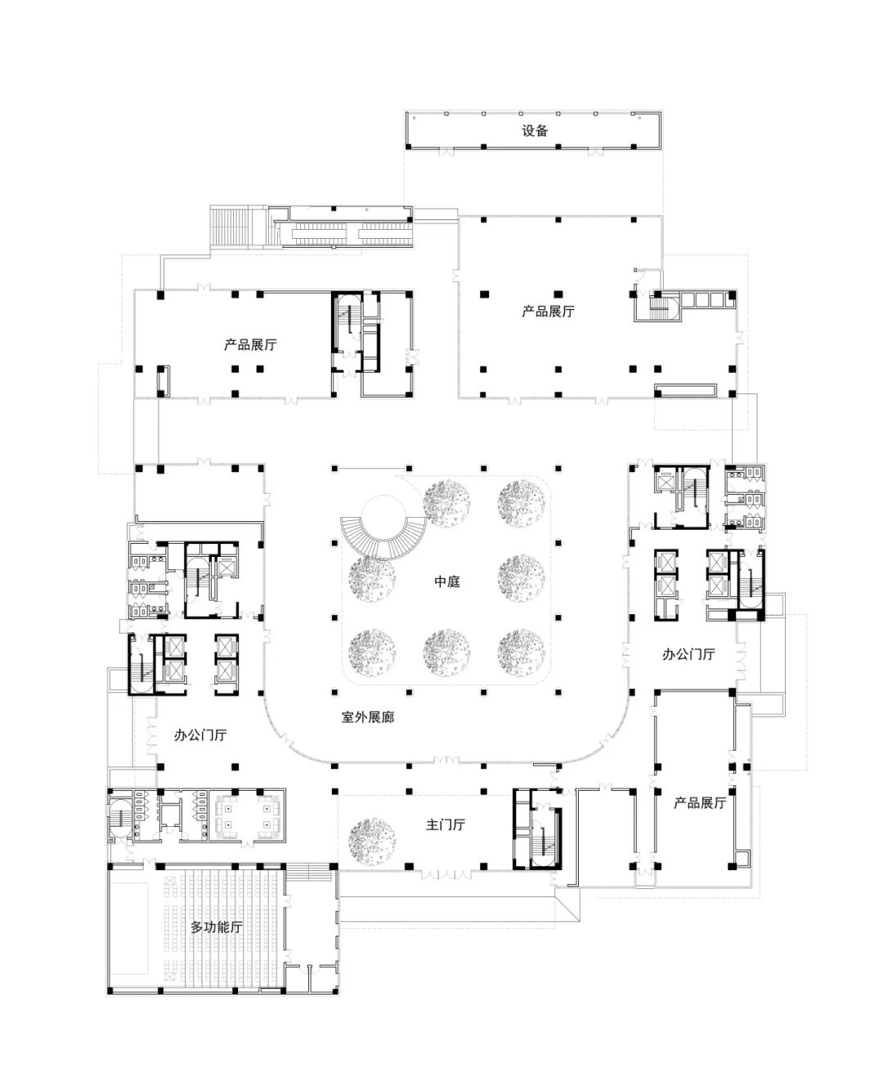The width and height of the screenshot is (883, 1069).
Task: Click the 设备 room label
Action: pos(535,131)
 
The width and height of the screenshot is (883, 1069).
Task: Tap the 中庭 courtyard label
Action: pos(447,582)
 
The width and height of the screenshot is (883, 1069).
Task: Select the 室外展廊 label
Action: pos(368,717)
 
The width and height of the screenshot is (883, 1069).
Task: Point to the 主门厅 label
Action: pos(446,824)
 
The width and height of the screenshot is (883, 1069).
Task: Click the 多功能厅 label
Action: pos(216,928)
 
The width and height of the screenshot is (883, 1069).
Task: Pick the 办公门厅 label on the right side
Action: pos(688,654)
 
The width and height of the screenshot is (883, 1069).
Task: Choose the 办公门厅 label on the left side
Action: pos(200,735)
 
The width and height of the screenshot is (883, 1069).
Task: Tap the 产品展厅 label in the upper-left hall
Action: pos(250,344)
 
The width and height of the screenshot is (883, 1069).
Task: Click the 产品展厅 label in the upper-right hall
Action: pos(548,312)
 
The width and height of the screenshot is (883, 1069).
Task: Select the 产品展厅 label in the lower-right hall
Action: pos(699,803)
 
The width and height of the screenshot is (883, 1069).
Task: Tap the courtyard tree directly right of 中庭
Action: pos(521,578)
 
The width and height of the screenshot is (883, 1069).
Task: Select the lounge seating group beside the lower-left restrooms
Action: pos(248,816)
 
